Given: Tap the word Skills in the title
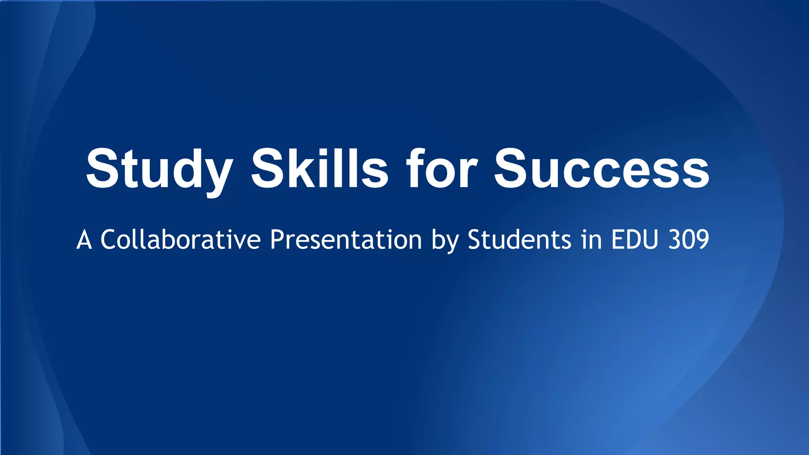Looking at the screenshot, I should (320, 169).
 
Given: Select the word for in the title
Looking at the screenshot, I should (442, 169).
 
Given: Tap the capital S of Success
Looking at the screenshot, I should (513, 169).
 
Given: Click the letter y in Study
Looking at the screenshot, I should (216, 176).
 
